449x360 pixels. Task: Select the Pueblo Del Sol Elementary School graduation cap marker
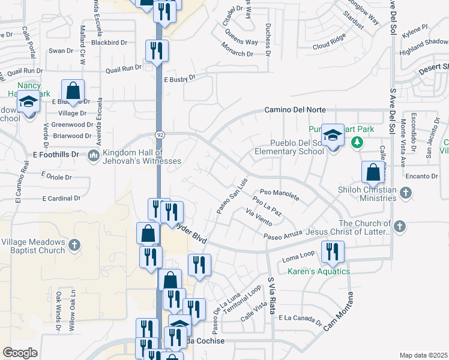[332, 135]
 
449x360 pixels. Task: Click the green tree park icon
[357, 142]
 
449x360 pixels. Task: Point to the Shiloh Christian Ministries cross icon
[406, 192]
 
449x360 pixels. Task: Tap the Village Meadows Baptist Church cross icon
[74, 244]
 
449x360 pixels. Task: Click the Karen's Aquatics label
[318, 271]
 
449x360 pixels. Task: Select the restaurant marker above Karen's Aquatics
[331, 251]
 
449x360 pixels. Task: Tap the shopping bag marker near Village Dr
[73, 91]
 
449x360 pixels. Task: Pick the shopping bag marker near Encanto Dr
[373, 172]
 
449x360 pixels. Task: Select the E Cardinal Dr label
[61, 198]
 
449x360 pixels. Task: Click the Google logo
[20, 353]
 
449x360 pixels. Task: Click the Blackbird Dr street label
[110, 43]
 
